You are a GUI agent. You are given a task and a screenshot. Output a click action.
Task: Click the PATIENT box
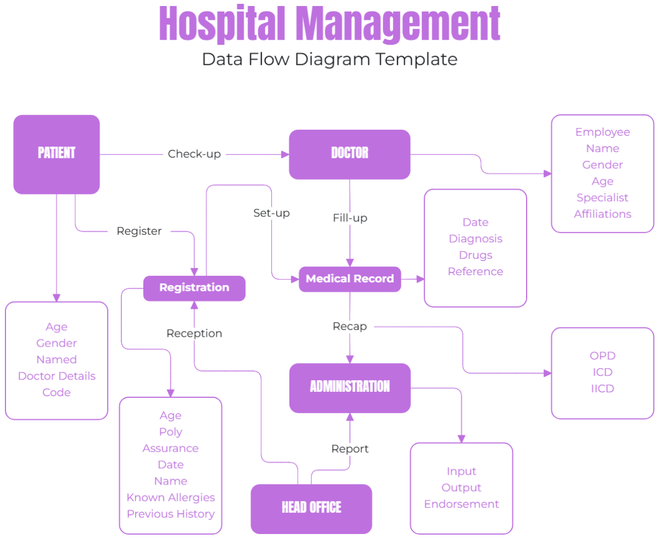57,154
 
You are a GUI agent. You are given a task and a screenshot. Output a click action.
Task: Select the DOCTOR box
349,154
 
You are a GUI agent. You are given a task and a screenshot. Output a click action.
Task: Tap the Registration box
194,287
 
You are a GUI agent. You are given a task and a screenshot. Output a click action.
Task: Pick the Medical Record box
350,279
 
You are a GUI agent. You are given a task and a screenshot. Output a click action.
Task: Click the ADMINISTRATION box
350,387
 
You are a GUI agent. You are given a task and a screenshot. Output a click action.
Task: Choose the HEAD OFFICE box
311,508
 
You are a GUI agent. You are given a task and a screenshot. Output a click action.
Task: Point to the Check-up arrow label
194,154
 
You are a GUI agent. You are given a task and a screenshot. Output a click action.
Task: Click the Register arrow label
139,231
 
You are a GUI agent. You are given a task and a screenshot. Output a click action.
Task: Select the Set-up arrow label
271,213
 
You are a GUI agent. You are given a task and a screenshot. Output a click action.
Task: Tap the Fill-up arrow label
350,218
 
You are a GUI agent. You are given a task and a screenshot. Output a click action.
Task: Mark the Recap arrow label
350,326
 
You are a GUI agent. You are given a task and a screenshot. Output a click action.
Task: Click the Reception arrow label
194,334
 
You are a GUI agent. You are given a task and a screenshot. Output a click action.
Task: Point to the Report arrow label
350,449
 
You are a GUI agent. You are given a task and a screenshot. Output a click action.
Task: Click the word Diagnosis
476,239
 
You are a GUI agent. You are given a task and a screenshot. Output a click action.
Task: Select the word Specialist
602,198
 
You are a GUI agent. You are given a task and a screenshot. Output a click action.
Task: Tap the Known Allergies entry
171,498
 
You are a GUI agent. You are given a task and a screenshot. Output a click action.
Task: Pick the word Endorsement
461,504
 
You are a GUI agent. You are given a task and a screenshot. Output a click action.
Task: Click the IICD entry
602,389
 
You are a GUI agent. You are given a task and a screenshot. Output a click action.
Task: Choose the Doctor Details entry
57,376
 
